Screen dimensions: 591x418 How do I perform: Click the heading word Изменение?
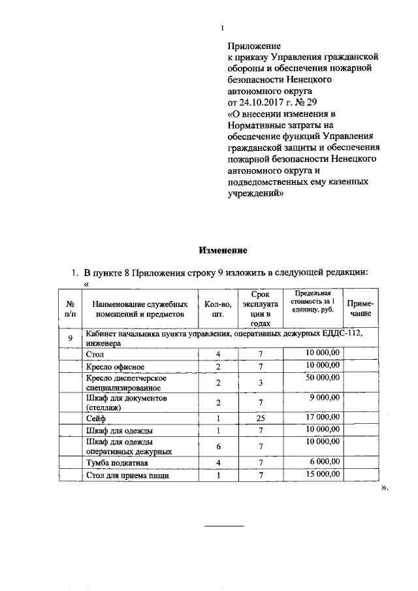[223, 251]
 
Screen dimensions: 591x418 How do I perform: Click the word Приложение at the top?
[254, 46]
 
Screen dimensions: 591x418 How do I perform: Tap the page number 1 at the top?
[222, 28]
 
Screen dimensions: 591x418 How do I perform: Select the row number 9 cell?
[70, 338]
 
